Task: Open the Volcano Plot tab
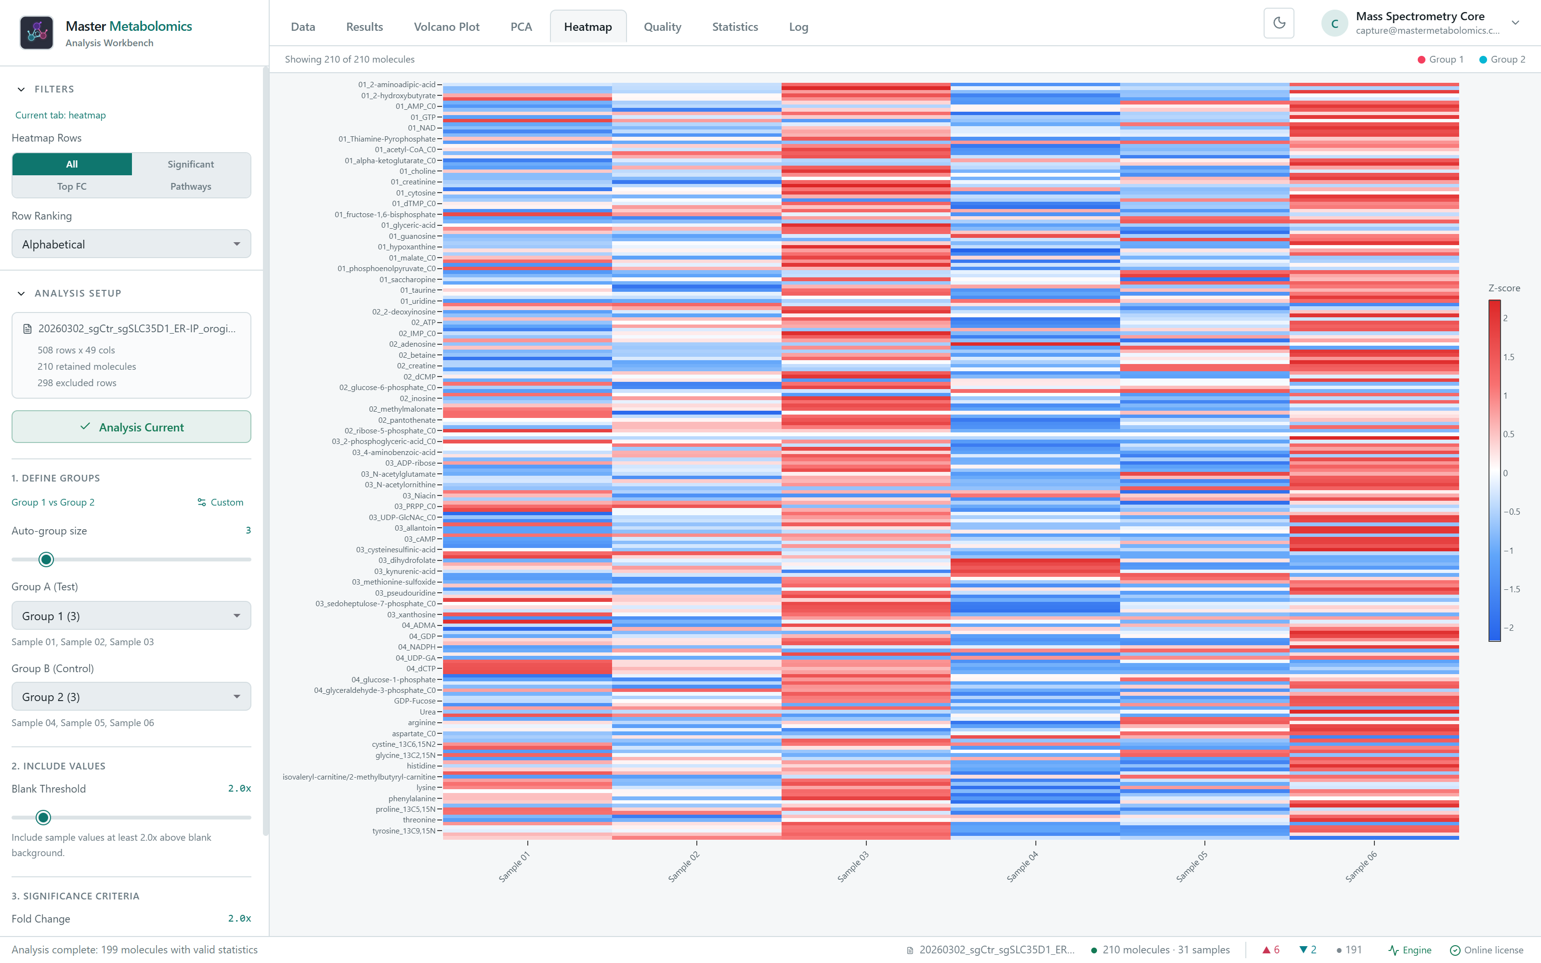(446, 27)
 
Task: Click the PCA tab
(521, 27)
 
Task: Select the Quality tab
(662, 27)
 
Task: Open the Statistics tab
(735, 27)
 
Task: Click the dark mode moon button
(1279, 24)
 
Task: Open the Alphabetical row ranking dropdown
(131, 244)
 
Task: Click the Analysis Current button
(131, 427)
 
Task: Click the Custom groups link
(221, 503)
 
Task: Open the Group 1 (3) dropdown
(131, 616)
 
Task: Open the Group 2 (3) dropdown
(131, 697)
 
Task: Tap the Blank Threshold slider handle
(43, 817)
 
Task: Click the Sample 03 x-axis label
(853, 867)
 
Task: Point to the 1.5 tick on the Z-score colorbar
(1509, 357)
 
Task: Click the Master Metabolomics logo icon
(36, 32)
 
